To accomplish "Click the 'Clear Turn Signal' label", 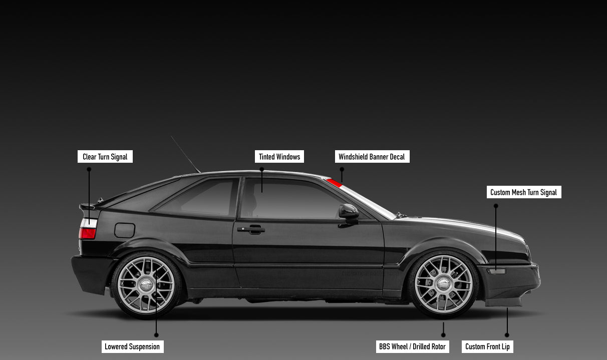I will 105,157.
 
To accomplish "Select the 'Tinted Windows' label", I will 279,157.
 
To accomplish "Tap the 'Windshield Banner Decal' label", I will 372,157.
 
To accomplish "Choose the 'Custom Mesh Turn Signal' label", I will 523,192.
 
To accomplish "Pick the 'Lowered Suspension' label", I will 132,346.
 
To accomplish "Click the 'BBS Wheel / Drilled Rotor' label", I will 412,346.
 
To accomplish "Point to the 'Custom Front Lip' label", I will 487,346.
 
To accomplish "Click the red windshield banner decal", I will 334,183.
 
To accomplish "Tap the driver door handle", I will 251,229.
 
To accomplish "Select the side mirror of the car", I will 349,211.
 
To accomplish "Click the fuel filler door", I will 125,230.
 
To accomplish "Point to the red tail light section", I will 87,233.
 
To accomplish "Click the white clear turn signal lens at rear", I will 89,223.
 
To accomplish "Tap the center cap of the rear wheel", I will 146,285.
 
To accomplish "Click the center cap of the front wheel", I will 443,284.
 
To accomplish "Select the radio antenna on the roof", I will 185,154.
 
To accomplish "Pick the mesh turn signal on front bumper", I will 497,271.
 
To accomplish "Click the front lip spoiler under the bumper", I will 503,301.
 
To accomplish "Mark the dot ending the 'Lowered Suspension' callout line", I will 156,334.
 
